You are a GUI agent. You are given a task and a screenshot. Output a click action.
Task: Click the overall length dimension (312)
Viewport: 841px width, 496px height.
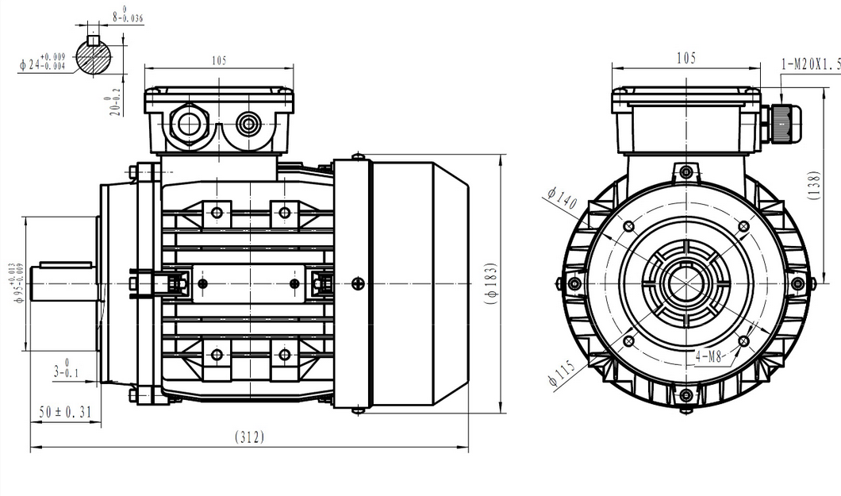(x=249, y=437)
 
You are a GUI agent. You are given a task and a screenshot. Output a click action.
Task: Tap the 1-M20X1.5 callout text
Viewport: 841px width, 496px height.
(x=809, y=63)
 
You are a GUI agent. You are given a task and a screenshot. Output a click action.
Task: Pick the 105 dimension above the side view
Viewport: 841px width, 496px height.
(x=221, y=61)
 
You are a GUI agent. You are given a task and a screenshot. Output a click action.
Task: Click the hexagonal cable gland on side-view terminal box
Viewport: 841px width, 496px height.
(x=190, y=124)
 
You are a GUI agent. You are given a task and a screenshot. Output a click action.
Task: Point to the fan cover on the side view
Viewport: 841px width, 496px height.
(x=417, y=283)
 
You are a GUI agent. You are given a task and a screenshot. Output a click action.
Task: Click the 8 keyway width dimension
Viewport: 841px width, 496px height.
(x=127, y=15)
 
